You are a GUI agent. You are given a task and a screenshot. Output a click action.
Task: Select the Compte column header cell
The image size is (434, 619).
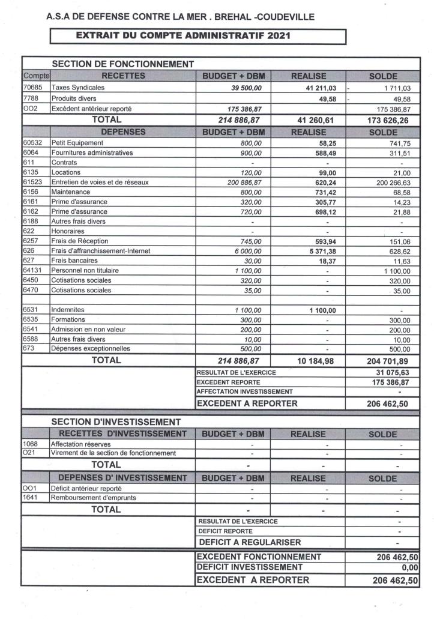click(x=36, y=76)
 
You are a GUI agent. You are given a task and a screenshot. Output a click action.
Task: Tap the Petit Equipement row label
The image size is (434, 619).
click(x=77, y=143)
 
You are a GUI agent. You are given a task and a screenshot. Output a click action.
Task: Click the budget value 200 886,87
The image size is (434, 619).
click(x=243, y=183)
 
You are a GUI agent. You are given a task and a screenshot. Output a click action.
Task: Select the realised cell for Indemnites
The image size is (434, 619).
click(x=323, y=310)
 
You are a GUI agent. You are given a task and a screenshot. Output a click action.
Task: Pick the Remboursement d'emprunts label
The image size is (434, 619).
click(x=94, y=498)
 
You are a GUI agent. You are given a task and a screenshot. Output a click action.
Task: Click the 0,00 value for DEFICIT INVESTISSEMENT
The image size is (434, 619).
click(x=408, y=567)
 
